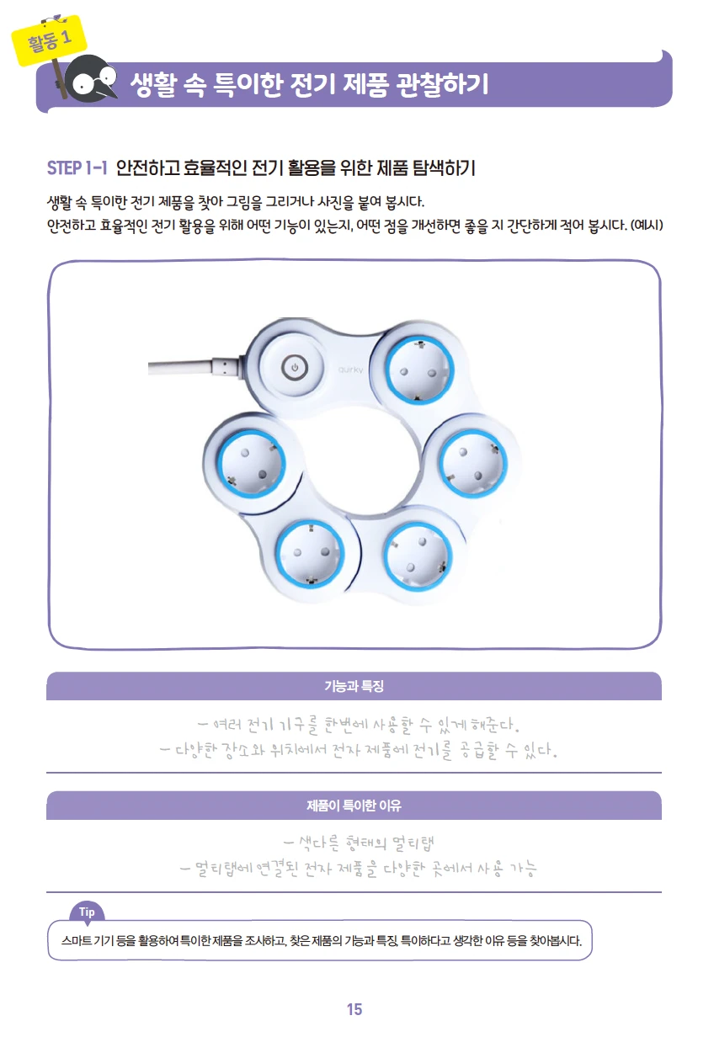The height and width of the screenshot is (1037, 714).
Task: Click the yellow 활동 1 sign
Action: (x=49, y=40)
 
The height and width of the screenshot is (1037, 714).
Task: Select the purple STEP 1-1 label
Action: (x=77, y=168)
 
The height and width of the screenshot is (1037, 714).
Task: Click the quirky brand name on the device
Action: (x=350, y=370)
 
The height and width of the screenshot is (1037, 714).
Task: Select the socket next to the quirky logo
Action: (x=420, y=370)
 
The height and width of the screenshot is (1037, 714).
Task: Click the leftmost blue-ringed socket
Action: (x=252, y=464)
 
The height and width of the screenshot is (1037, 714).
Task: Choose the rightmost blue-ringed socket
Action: (x=473, y=464)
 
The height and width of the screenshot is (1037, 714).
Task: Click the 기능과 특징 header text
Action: (x=354, y=686)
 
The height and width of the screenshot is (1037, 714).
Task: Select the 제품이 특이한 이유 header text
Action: (x=354, y=806)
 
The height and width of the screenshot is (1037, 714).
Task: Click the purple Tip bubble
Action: (x=87, y=912)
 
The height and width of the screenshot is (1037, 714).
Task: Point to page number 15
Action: (x=354, y=1009)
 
